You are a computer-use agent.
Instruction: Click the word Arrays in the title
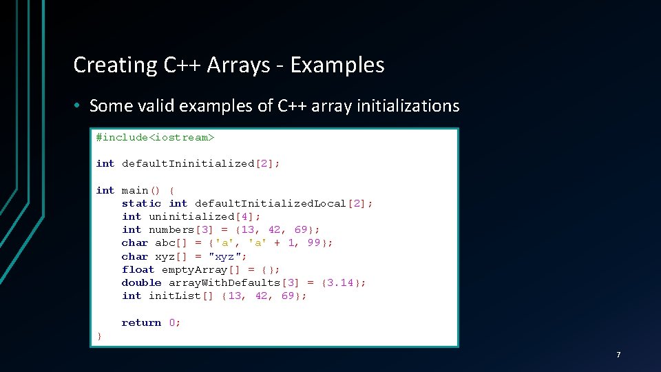coord(239,65)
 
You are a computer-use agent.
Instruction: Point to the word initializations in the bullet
coord(406,106)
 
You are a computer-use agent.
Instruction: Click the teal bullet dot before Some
coord(79,106)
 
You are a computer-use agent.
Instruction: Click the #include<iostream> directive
coord(155,137)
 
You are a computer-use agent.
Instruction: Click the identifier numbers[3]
coord(181,229)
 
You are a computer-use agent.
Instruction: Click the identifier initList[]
coord(181,296)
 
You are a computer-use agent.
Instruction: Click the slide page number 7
coord(618,355)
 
